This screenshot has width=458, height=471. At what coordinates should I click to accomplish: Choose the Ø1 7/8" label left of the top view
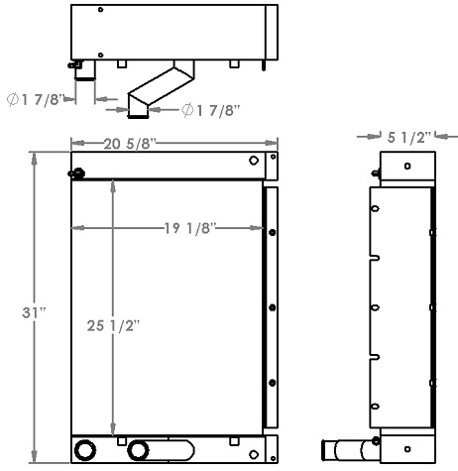pyautogui.click(x=36, y=98)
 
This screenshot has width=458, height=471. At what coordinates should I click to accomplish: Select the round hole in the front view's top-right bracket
pyautogui.click(x=254, y=160)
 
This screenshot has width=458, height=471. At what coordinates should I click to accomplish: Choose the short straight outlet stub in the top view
pyautogui.click(x=84, y=71)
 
